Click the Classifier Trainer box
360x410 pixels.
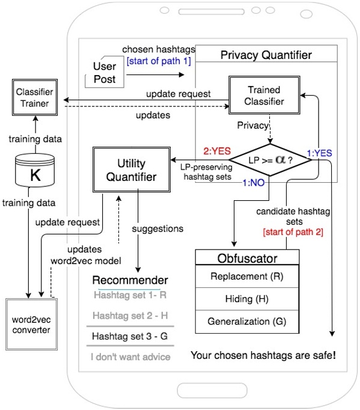coord(35,97)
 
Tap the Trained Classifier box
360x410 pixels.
coord(264,95)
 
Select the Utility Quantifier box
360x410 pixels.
coord(132,170)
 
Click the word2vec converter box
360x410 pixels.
coord(32,324)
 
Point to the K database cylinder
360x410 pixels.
coord(35,170)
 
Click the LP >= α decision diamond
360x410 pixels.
coord(270,160)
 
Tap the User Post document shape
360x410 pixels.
coord(105,72)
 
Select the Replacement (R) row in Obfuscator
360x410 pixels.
coord(247,277)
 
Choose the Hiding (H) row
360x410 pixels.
coord(247,299)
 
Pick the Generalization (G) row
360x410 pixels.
coord(247,322)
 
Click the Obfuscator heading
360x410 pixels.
coord(248,259)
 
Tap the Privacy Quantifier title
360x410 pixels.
coord(266,55)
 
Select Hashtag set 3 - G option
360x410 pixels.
coord(130,336)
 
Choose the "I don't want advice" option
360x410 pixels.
coord(130,357)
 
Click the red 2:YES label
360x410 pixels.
coord(217,151)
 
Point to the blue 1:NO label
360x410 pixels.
coord(254,183)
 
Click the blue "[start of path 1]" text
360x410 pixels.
coord(159,61)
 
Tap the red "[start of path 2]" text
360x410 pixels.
coord(293,232)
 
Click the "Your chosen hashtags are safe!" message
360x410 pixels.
coord(263,355)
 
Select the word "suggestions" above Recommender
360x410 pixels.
coord(157,229)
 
